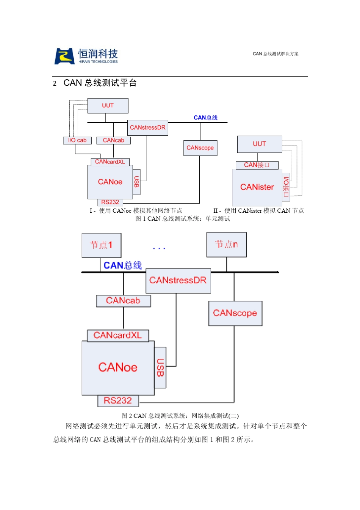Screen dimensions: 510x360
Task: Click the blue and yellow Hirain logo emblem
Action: (x=64, y=56)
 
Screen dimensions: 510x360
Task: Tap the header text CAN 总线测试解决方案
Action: (x=275, y=54)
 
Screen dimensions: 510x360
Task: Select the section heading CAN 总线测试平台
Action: (x=100, y=83)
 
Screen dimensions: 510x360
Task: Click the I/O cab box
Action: (x=77, y=140)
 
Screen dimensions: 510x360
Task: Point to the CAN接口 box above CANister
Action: (x=257, y=165)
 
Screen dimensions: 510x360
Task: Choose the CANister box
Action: (x=257, y=187)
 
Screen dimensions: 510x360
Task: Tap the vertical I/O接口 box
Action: (x=286, y=187)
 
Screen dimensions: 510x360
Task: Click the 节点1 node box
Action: (x=101, y=245)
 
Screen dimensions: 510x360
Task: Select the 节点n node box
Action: (x=227, y=245)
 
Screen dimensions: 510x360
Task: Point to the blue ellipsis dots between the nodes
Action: (x=159, y=248)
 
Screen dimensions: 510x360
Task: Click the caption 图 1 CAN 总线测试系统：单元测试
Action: (x=182, y=218)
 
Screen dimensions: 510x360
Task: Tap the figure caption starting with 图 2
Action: (x=180, y=416)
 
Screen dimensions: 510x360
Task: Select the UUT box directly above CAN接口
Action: (x=260, y=144)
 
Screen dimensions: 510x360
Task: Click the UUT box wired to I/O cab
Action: (x=108, y=105)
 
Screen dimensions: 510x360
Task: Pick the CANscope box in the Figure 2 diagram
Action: (x=235, y=313)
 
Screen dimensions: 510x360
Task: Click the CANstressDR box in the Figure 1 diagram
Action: (x=147, y=128)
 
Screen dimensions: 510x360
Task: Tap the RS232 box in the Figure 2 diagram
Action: (x=118, y=400)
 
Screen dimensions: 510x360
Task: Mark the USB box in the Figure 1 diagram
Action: (x=136, y=182)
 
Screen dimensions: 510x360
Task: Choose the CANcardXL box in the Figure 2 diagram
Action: (x=117, y=336)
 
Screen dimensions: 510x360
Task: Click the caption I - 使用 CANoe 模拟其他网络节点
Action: (x=136, y=210)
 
